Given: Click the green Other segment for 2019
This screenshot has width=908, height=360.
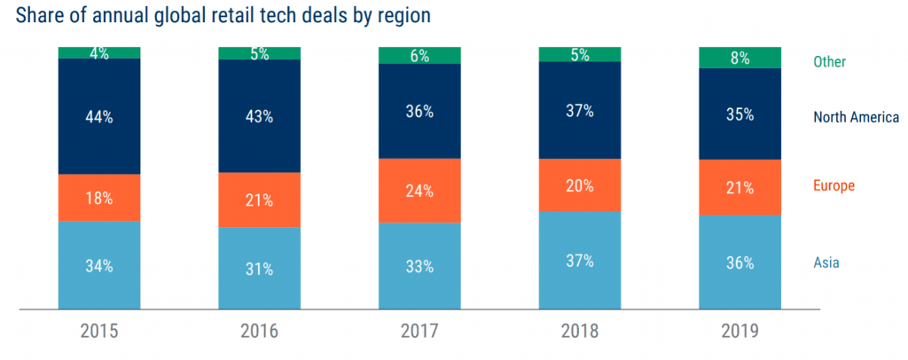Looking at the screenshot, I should click(x=740, y=58).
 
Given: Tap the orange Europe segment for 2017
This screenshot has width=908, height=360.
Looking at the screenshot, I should click(x=419, y=190).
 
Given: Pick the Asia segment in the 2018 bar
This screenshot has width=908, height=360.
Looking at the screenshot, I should click(x=580, y=261).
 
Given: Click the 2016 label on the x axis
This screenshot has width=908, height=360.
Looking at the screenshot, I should click(x=259, y=332).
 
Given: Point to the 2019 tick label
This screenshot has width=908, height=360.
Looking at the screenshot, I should click(x=740, y=332).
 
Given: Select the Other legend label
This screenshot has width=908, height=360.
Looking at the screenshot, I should click(x=830, y=62).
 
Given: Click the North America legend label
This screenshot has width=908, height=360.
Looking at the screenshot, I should click(x=857, y=117).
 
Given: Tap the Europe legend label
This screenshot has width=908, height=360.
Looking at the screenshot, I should click(x=834, y=186).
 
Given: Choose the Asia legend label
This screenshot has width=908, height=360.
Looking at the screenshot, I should click(x=826, y=262).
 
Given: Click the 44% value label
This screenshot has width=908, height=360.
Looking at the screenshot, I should click(x=99, y=117).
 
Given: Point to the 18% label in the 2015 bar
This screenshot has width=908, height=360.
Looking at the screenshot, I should click(x=99, y=198).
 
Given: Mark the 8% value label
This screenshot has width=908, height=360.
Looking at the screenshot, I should click(x=740, y=59).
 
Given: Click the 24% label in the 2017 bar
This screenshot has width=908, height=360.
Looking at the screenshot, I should click(x=419, y=191).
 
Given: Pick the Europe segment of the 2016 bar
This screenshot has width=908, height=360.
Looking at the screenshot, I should click(x=259, y=200).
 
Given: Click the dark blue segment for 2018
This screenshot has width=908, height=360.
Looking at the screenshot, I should click(x=580, y=110).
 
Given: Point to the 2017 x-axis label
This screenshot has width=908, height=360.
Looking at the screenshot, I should click(x=419, y=332).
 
